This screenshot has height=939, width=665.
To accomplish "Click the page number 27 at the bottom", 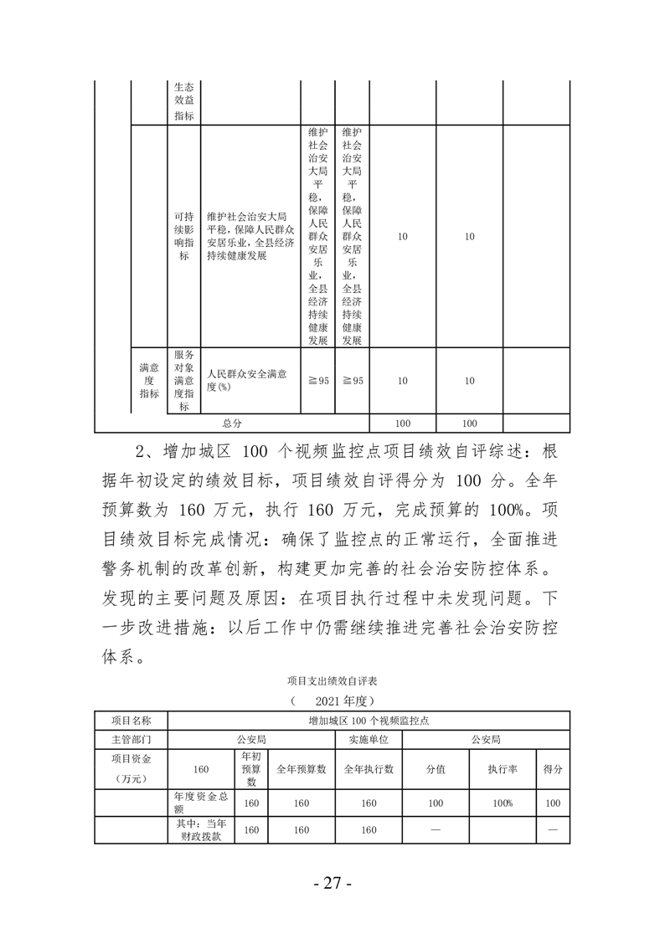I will pos(332,884).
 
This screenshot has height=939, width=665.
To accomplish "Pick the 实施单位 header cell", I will pos(369,740).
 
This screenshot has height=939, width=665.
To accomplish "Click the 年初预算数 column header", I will pos(250,769).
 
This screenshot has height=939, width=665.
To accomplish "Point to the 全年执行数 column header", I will pos(369,769).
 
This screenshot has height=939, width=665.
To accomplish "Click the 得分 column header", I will pos(553,769).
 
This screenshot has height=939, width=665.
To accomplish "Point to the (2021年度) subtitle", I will pos(332,699).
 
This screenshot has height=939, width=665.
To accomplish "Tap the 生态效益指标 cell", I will pos(183,101).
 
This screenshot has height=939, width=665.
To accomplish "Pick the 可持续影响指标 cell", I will pos(183,236).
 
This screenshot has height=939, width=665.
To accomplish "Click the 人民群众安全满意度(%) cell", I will pos(250,380).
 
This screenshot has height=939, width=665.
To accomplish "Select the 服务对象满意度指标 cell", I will pos(183,380).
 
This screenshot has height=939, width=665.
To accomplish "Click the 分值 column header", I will pos(436,769).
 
